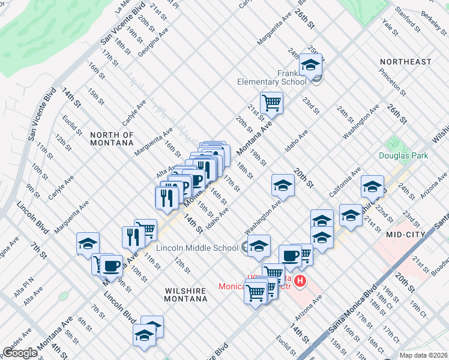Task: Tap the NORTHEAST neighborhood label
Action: [x=405, y=62]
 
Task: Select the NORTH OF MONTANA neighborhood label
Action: [x=112, y=139]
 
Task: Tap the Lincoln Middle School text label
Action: [x=197, y=248]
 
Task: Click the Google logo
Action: [x=20, y=352]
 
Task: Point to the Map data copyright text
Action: [x=423, y=355]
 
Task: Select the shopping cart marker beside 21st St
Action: [x=271, y=103]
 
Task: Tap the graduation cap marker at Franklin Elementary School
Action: [x=310, y=65]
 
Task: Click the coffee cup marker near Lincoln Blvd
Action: [x=111, y=265]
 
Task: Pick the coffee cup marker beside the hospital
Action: [x=291, y=255]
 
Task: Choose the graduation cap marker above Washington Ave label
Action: [x=283, y=185]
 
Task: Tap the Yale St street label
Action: [x=390, y=27]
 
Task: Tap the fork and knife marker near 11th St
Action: [x=131, y=237]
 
